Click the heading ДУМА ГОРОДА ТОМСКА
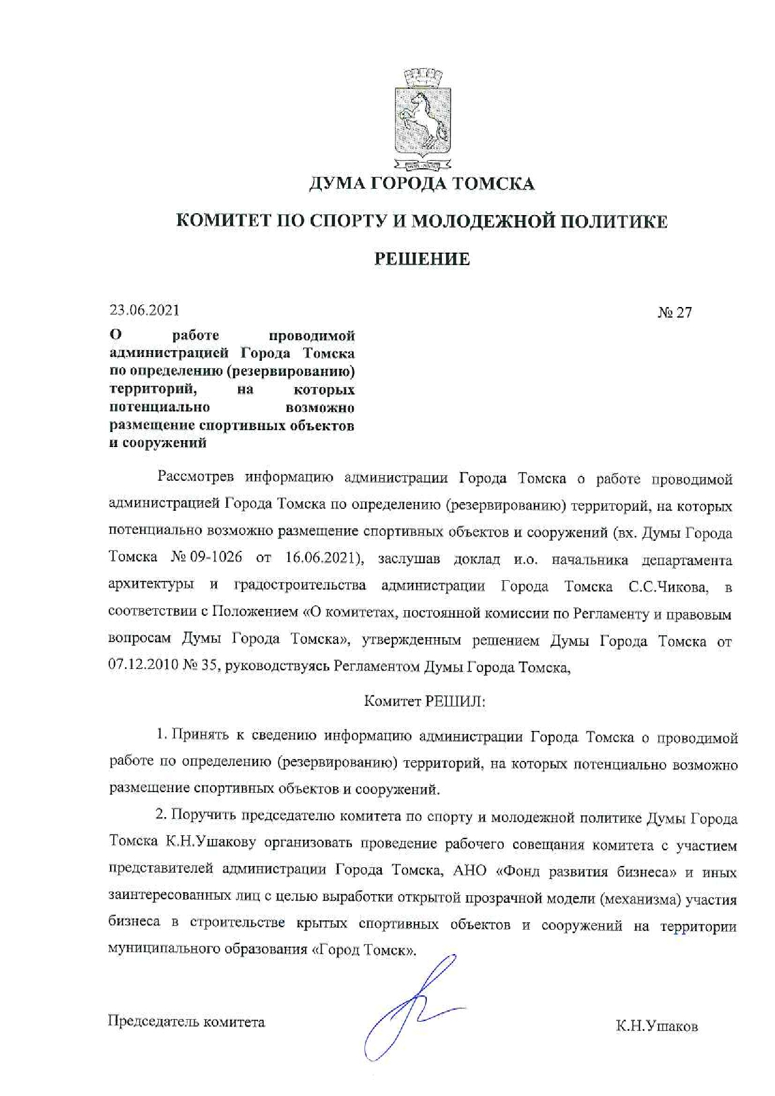tap(422, 184)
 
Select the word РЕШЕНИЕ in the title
tap(422, 259)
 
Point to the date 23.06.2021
tap(144, 310)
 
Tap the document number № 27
tap(674, 313)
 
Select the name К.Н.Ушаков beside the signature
tap(656, 1027)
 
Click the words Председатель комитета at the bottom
tap(186, 1022)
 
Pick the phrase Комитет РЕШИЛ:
tap(425, 701)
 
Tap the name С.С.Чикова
tap(669, 587)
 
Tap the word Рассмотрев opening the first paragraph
tap(196, 478)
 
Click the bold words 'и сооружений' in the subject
tap(157, 443)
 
